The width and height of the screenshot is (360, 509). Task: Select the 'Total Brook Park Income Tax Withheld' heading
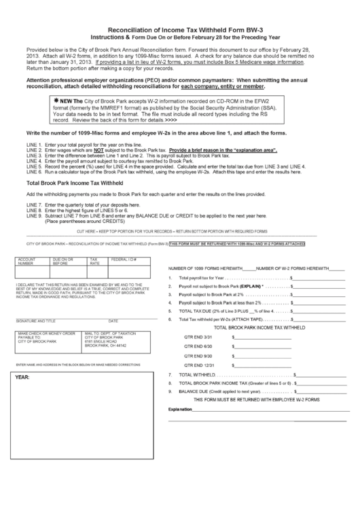click(74, 183)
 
